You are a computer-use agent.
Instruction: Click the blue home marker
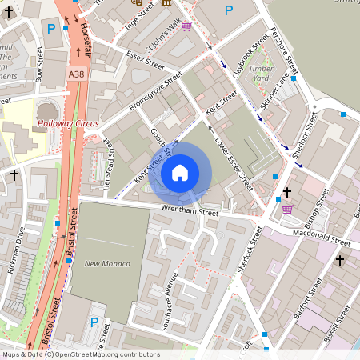[180, 173]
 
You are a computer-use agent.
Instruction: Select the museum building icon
[166, 3]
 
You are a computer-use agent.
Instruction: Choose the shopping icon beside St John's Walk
[186, 26]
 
